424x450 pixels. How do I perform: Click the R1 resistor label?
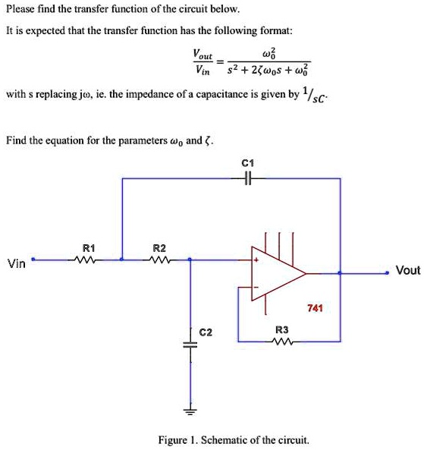click(88, 247)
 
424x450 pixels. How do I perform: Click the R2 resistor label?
click(159, 247)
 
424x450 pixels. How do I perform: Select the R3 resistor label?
click(281, 330)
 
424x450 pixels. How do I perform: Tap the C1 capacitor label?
click(246, 163)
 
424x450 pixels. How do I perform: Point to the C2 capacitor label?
click(206, 332)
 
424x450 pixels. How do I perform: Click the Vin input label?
click(16, 264)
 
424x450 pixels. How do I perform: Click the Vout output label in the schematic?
click(407, 270)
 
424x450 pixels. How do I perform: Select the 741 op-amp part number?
click(315, 308)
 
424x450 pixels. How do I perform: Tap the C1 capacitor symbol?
click(246, 178)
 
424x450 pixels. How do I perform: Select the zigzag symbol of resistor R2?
click(159, 260)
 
